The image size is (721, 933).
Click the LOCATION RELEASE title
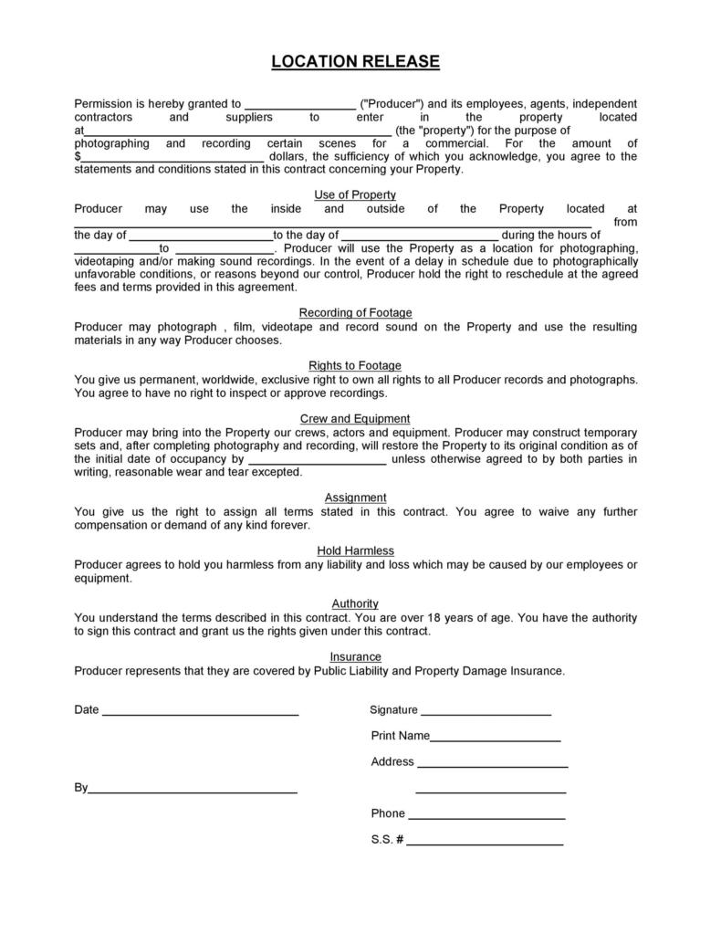pyautogui.click(x=355, y=62)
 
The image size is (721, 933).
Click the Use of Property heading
pyautogui.click(x=355, y=194)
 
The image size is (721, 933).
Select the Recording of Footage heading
pyautogui.click(x=355, y=313)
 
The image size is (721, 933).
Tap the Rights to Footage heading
pyautogui.click(x=355, y=366)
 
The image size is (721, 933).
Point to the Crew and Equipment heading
pyautogui.click(x=355, y=419)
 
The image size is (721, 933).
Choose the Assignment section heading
pyautogui.click(x=355, y=498)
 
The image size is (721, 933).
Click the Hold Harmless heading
pyautogui.click(x=355, y=550)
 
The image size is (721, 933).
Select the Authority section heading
pyautogui.click(x=355, y=603)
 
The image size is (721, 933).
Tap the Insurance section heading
pyautogui.click(x=355, y=656)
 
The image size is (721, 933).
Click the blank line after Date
pyautogui.click(x=201, y=712)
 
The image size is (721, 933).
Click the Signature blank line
pyautogui.click(x=486, y=712)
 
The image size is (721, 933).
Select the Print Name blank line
pyautogui.click(x=495, y=738)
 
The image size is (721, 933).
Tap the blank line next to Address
pyautogui.click(x=492, y=764)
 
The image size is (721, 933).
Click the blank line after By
pyautogui.click(x=193, y=790)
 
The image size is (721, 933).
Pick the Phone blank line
pyautogui.click(x=486, y=816)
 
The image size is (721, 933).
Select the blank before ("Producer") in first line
pyautogui.click(x=300, y=106)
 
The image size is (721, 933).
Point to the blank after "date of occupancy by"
pyautogui.click(x=317, y=462)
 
